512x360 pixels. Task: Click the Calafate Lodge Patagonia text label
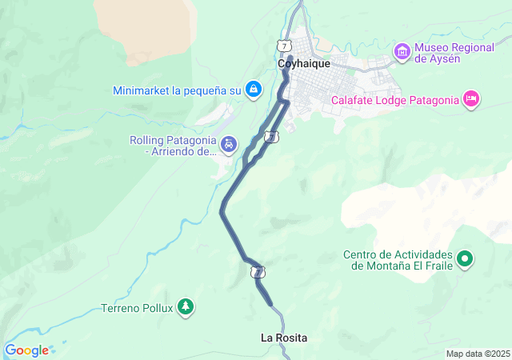pyautogui.click(x=394, y=100)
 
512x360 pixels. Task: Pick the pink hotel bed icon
pyautogui.click(x=471, y=99)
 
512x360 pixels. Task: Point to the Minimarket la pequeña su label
pyautogui.click(x=177, y=90)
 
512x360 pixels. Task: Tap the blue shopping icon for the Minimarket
pyautogui.click(x=254, y=89)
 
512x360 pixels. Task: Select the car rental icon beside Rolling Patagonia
pyautogui.click(x=230, y=145)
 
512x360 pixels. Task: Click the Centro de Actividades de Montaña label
pyautogui.click(x=398, y=260)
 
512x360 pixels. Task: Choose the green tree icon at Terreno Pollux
pyautogui.click(x=186, y=307)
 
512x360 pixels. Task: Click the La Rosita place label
pyautogui.click(x=284, y=338)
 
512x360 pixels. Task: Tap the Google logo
pyautogui.click(x=26, y=350)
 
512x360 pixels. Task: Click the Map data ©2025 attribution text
pyautogui.click(x=478, y=354)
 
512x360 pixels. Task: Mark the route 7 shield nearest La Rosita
pyautogui.click(x=258, y=273)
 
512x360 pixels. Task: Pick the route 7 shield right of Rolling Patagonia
pyautogui.click(x=272, y=137)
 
